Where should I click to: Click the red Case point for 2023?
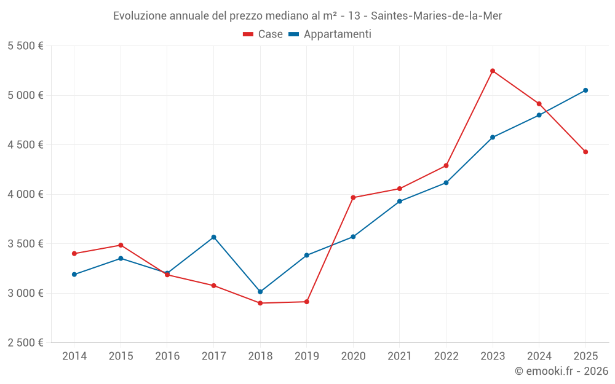click(x=493, y=71)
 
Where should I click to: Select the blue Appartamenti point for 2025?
click(x=585, y=90)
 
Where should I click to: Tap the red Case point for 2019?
click(x=306, y=302)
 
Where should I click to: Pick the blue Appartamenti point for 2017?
click(x=213, y=237)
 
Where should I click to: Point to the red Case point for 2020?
click(x=353, y=198)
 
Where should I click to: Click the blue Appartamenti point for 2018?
click(x=260, y=292)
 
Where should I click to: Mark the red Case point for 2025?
click(x=585, y=152)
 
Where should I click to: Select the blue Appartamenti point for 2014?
click(x=74, y=275)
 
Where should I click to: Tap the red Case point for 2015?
click(x=121, y=245)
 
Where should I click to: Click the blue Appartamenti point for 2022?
click(x=446, y=182)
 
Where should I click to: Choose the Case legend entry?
click(x=263, y=34)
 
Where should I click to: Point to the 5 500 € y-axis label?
click(x=25, y=46)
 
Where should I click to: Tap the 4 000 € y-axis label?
click(x=25, y=194)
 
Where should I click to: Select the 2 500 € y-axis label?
click(x=25, y=343)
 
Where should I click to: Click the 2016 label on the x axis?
click(x=167, y=356)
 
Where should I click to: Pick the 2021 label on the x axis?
click(x=399, y=356)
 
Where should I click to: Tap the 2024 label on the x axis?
click(x=539, y=356)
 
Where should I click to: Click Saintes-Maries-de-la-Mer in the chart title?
click(x=437, y=16)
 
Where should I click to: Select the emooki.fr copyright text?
click(x=561, y=371)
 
